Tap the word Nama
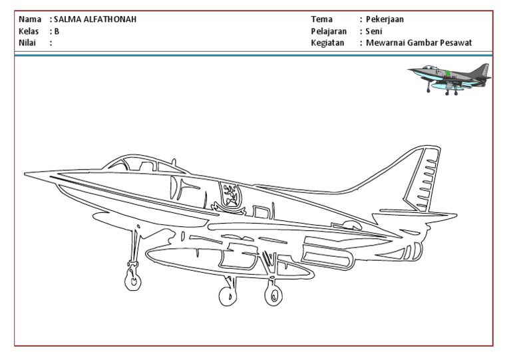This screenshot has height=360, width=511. coord(31,19)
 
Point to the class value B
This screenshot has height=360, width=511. coord(57,31)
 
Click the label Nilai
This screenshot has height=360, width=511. coord(28,43)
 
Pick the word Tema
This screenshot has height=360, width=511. coord(322,19)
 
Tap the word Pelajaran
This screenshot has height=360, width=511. coord(329,31)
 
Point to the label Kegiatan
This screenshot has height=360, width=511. coord(328,43)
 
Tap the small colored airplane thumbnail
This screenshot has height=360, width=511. coord(450,79)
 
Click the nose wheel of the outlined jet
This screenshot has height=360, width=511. coord(131,281)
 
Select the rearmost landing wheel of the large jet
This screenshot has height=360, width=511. coord(272,295)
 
